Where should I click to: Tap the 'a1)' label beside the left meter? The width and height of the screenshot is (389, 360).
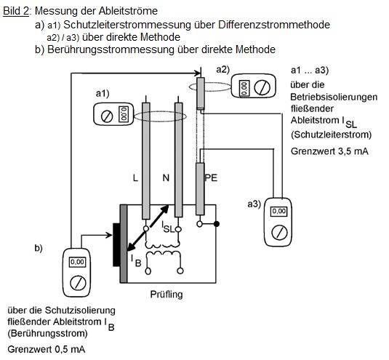pos(103,95)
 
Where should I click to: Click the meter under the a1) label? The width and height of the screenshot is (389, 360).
pos(114,115)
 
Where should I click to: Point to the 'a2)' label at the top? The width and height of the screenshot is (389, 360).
pos(222,69)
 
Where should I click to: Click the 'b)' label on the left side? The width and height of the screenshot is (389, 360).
pos(39,249)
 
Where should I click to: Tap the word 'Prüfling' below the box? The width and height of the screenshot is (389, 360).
pos(167,295)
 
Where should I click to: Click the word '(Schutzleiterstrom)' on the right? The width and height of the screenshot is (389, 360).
pos(330,135)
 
